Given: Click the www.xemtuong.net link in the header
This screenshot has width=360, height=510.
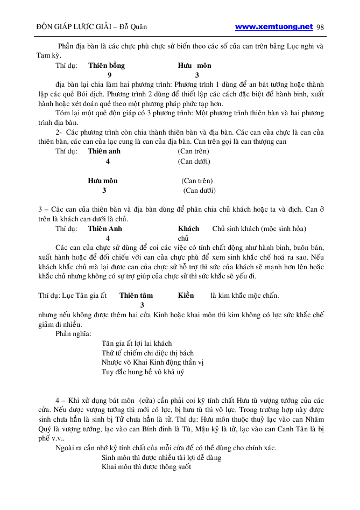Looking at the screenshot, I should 274,26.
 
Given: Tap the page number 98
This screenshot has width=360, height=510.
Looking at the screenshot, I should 320,27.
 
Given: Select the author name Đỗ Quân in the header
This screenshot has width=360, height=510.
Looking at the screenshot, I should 132,27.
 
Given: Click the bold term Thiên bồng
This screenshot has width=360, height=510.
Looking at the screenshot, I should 107,66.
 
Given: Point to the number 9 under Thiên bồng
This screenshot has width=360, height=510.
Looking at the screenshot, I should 110,75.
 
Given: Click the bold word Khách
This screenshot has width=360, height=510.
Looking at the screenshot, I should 188,228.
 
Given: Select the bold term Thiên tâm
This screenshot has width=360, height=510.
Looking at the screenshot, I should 136,295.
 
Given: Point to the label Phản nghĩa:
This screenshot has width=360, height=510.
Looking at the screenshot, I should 74,333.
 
